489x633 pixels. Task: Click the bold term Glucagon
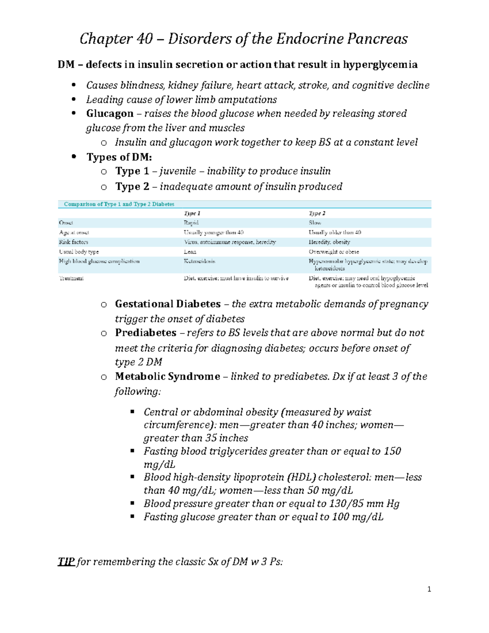pyautogui.click(x=110, y=113)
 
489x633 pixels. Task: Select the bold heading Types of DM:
pyautogui.click(x=119, y=157)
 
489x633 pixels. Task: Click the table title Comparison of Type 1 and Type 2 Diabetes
pyautogui.click(x=119, y=204)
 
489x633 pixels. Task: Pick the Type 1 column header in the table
pyautogui.click(x=192, y=213)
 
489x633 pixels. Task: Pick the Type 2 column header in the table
pyautogui.click(x=317, y=213)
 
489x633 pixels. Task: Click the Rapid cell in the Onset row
pyautogui.click(x=191, y=223)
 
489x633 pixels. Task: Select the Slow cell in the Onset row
pyautogui.click(x=315, y=223)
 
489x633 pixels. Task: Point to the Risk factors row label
pyautogui.click(x=73, y=242)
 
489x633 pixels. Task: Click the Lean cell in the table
pyautogui.click(x=190, y=252)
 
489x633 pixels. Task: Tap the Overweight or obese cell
pyautogui.click(x=334, y=252)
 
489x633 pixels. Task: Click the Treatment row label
pyautogui.click(x=71, y=278)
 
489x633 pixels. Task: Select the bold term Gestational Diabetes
pyautogui.click(x=167, y=304)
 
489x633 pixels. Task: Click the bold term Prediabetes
pyautogui.click(x=145, y=333)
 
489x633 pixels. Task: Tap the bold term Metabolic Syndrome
pyautogui.click(x=167, y=377)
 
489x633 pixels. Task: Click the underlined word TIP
pyautogui.click(x=66, y=562)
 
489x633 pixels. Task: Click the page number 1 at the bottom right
pyautogui.click(x=429, y=589)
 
